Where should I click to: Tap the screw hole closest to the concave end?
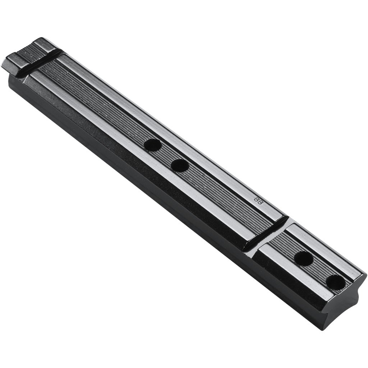[x=336, y=282]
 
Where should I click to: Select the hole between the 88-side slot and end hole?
[x=304, y=258]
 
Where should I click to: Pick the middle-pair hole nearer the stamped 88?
[x=180, y=165]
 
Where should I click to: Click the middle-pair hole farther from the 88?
[x=152, y=145]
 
